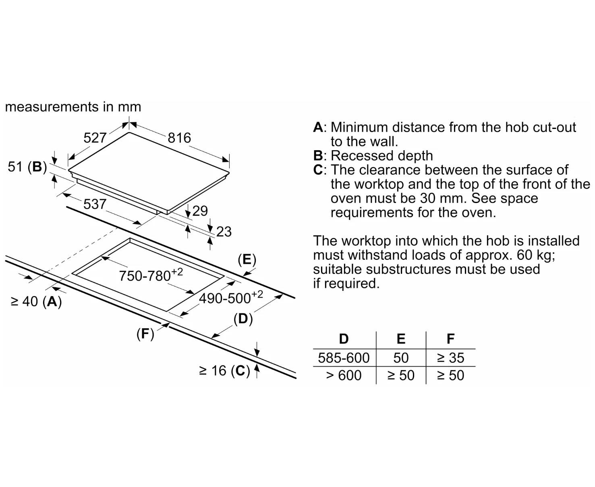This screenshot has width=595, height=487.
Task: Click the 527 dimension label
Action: tap(95, 138)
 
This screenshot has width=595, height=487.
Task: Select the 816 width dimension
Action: tap(179, 138)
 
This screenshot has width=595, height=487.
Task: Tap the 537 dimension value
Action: tap(95, 204)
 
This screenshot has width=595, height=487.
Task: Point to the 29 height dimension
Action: tap(200, 211)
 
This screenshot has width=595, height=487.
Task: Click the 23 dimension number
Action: tap(224, 232)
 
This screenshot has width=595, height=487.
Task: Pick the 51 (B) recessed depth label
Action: tap(27, 167)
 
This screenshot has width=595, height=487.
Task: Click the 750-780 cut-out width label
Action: tap(151, 275)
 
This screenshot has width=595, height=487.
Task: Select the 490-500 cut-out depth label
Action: tap(230, 298)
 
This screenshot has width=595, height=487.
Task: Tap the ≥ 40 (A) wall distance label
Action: tap(36, 301)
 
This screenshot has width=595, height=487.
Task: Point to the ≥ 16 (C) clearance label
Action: tap(224, 371)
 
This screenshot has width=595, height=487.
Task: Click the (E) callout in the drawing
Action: tap(247, 259)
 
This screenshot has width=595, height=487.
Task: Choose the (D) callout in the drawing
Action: tap(243, 319)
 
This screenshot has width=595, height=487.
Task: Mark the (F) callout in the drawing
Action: tap(145, 334)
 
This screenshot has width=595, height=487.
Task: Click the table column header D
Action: tap(344, 339)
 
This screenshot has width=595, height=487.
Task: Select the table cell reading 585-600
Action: tap(344, 358)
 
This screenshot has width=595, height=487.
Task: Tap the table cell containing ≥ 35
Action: tap(450, 358)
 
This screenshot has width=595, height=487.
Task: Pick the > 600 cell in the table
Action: tap(344, 375)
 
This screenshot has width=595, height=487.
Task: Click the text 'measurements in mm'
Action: tap(73, 107)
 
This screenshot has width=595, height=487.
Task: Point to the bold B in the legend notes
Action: tap(318, 155)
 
